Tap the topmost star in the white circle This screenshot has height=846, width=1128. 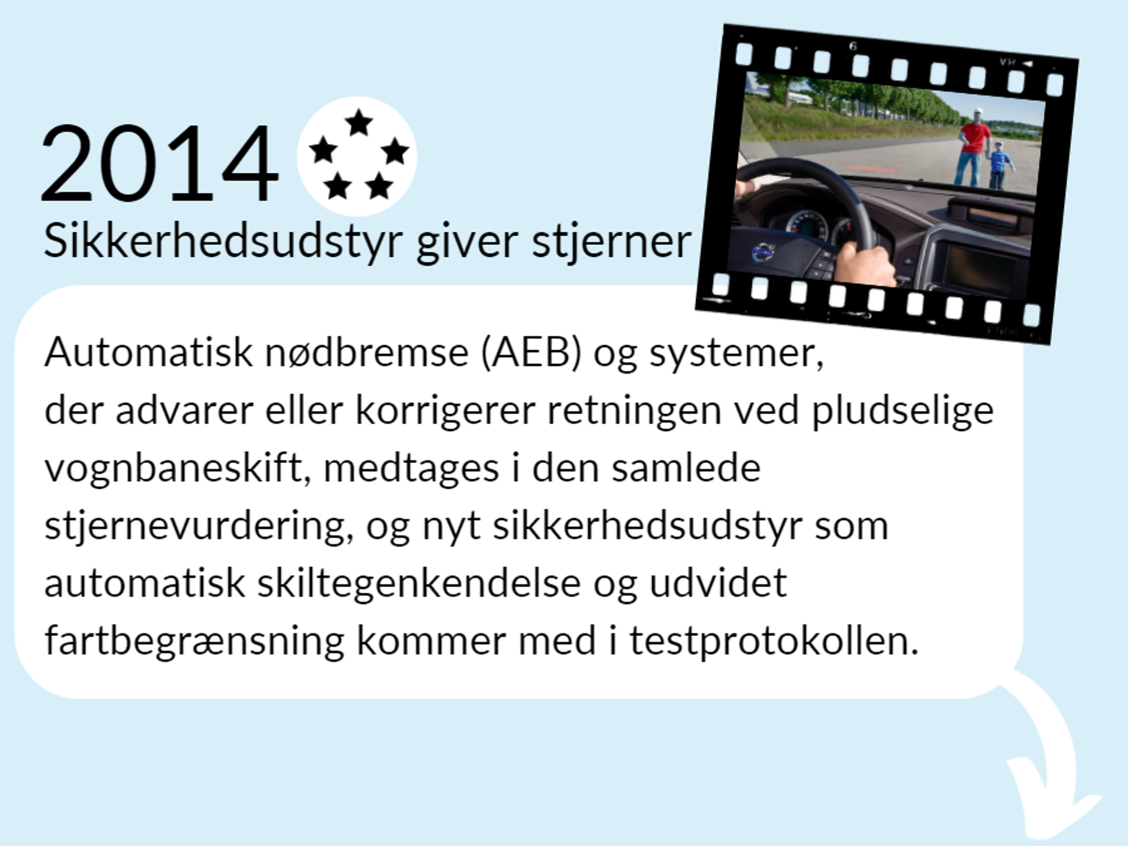pyautogui.click(x=359, y=123)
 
